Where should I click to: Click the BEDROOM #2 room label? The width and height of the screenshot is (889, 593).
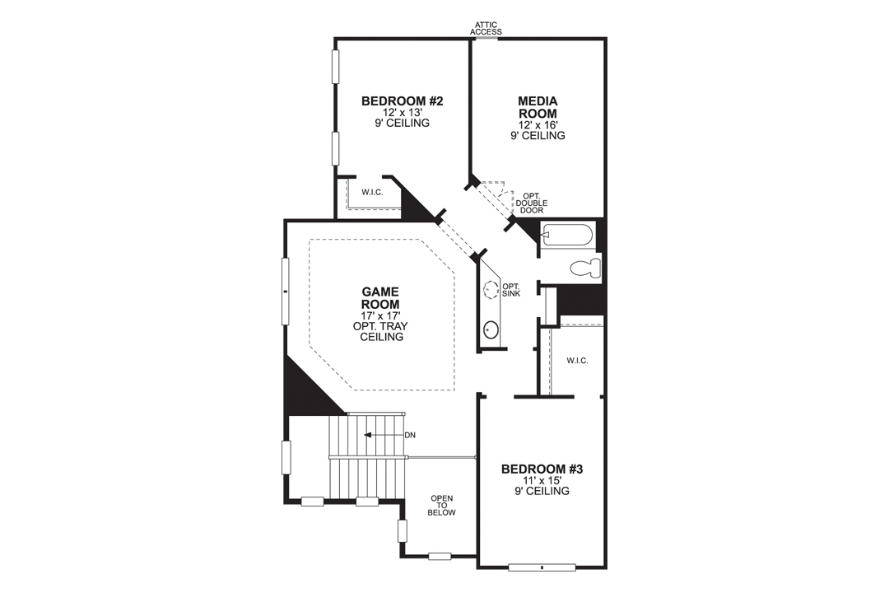(403, 101)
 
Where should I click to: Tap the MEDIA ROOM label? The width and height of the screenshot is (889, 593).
(538, 107)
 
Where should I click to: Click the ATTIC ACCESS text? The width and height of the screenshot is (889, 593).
(486, 28)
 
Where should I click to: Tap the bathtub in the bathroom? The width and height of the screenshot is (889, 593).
(567, 236)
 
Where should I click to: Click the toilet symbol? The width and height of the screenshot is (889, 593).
(585, 268)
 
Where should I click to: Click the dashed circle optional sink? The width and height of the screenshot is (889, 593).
(491, 290)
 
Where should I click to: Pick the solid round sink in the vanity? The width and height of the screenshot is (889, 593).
(491, 330)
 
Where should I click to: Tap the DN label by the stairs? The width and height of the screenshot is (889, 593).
(410, 434)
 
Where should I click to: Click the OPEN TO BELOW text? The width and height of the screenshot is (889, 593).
(442, 505)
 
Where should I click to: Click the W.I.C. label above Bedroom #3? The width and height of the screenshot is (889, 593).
(576, 361)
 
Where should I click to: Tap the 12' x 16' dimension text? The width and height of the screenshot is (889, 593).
(538, 124)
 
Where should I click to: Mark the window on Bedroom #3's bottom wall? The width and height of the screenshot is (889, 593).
(542, 567)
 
